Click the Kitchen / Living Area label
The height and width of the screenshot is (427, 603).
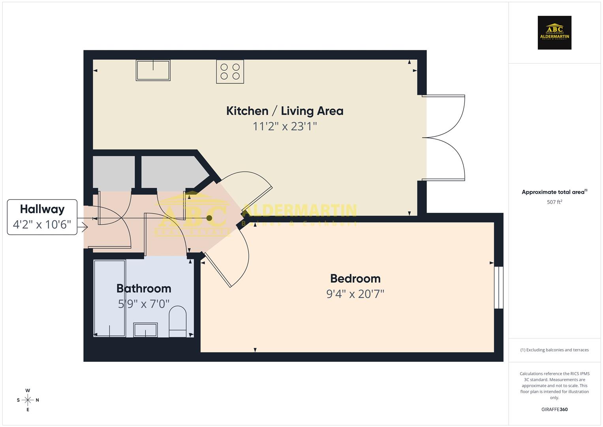[x=285, y=111]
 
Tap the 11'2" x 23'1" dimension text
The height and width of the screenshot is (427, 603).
[x=285, y=126]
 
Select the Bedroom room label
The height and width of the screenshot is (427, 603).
[x=355, y=278]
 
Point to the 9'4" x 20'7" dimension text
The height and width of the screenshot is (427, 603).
[x=355, y=294]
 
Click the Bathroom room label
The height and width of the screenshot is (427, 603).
[x=144, y=288]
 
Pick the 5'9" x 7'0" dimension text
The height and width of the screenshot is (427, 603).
[x=144, y=304]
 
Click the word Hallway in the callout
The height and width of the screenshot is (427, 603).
[x=42, y=209]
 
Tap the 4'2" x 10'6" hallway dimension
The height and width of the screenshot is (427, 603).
[x=42, y=225]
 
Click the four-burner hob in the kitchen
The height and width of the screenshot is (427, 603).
[x=230, y=72]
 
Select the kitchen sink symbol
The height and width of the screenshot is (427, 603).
[x=153, y=70]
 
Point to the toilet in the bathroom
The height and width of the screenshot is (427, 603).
[x=178, y=321]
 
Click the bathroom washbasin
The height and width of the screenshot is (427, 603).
[x=145, y=330]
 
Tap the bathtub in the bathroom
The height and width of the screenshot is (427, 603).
[x=109, y=298]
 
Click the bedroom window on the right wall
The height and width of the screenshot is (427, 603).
[x=499, y=287]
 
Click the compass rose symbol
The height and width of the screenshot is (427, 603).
[x=28, y=400]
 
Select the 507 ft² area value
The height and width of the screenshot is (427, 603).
[x=554, y=202]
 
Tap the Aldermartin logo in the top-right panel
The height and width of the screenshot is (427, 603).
[x=554, y=32]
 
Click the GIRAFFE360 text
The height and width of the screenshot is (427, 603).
[x=554, y=409]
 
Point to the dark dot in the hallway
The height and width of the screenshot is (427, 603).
[x=209, y=218]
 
